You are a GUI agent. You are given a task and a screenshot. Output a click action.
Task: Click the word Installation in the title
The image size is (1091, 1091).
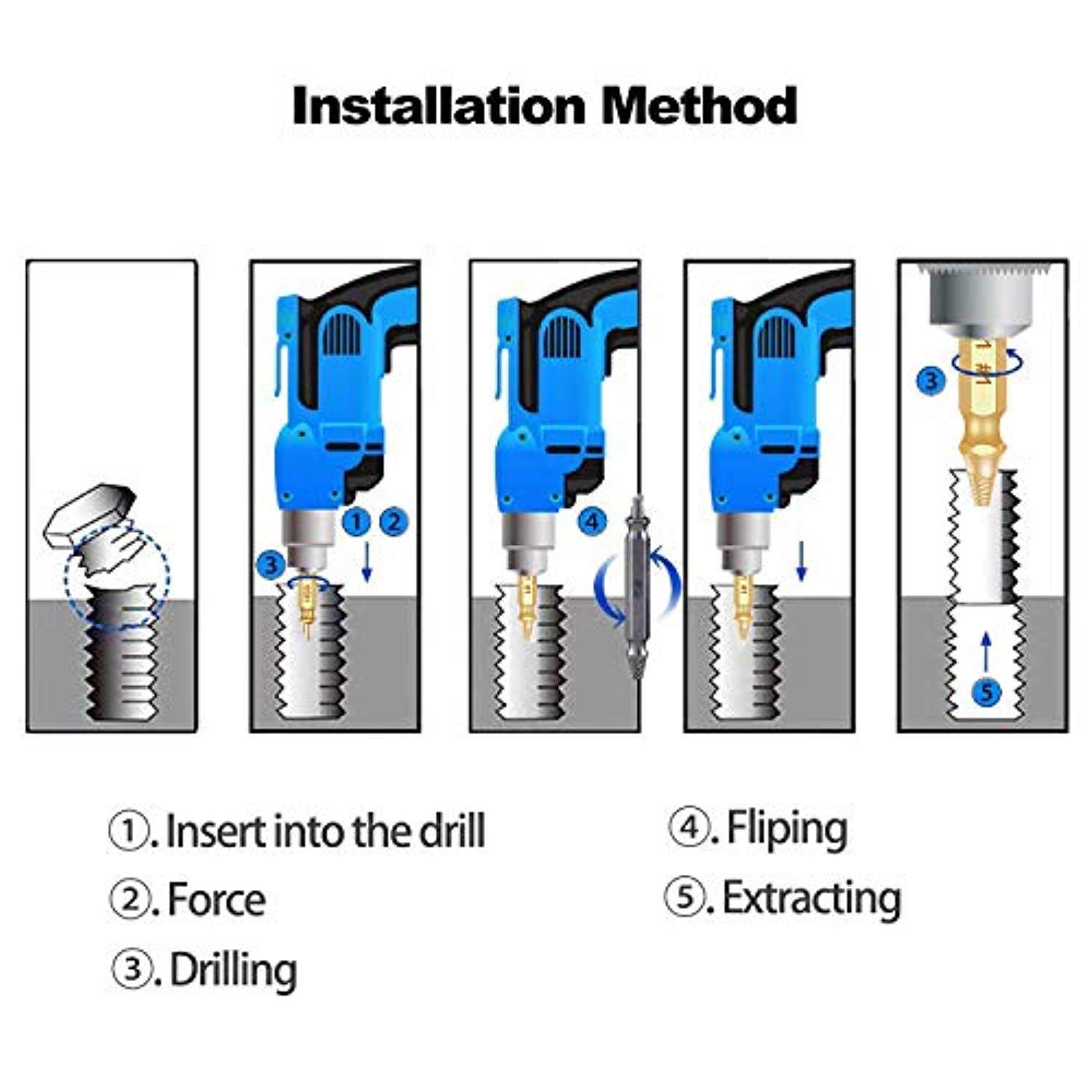coord(439,106)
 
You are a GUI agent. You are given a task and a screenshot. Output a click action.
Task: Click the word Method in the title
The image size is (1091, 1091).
coord(699,106)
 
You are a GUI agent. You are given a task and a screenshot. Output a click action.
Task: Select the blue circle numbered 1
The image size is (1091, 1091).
coord(356,521)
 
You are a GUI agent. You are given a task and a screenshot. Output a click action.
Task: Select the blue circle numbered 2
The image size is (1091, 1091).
coord(393,521)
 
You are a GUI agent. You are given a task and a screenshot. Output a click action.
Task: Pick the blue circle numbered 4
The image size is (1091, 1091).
coord(593,521)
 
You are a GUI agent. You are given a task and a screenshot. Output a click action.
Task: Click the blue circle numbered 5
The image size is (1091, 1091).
coord(986,692)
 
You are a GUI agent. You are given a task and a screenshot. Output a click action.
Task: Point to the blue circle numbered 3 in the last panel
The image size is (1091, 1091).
coord(931,380)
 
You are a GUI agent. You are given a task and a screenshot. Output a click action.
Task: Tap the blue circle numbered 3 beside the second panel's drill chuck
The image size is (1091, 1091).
coord(271,564)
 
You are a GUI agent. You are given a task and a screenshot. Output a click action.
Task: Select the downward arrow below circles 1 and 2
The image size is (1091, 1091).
coord(367,562)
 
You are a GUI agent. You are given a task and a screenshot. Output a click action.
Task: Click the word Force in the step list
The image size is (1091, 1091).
coord(217,900)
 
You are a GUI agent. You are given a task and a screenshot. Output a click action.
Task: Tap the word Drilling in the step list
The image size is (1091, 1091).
coord(233,970)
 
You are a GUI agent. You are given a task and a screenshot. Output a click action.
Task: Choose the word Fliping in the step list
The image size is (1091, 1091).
coord(787,829)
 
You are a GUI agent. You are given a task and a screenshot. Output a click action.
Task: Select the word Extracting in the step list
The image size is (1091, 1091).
coord(812,899)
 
